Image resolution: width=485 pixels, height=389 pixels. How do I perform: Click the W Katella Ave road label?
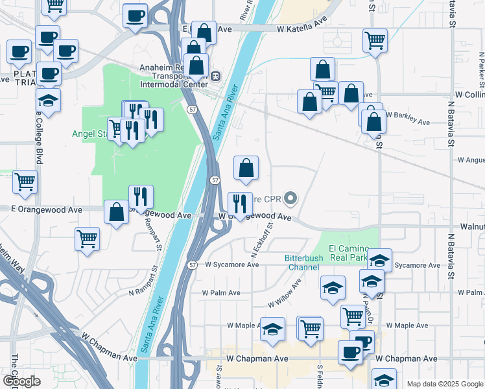point(302,29)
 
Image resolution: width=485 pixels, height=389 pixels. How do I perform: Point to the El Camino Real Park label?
point(348,252)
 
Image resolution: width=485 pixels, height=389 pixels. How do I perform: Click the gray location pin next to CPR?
point(290,198)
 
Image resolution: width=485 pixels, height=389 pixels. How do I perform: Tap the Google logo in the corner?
point(21,381)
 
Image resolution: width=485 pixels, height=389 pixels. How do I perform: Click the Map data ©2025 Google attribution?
point(444,384)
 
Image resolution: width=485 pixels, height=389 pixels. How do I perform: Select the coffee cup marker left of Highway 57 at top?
point(135,16)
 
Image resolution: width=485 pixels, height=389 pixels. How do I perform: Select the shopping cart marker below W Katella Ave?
point(375,40)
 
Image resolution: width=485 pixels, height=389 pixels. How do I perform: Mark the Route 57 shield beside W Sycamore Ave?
point(193,265)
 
